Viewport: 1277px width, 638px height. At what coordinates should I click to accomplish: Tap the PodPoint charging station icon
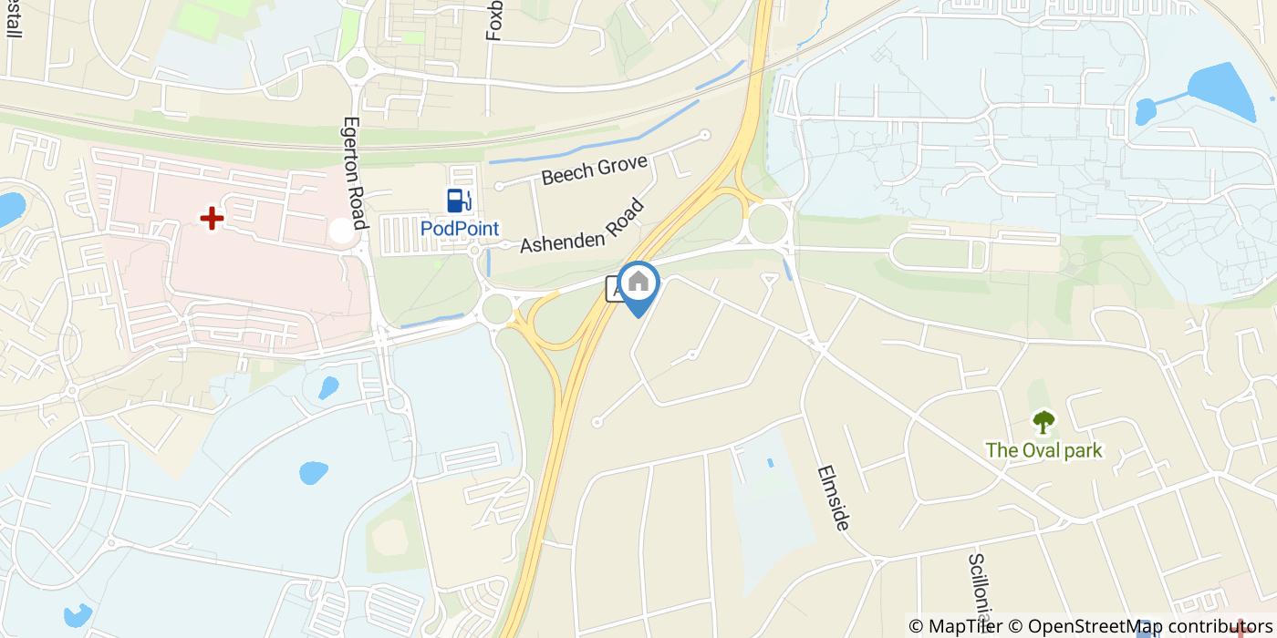coord(459,201)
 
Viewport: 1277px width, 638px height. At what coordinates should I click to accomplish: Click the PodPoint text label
coord(460,229)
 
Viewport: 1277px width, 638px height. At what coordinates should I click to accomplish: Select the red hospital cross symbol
coord(212,219)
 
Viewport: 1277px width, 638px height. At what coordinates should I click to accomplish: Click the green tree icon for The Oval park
coord(1043,422)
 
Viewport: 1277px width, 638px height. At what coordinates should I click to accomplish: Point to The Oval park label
coord(1043,450)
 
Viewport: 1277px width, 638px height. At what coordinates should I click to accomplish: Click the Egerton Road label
coord(354,173)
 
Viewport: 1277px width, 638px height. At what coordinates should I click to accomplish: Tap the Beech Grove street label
coord(594,170)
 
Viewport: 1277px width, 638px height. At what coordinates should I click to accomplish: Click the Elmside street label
coord(834,498)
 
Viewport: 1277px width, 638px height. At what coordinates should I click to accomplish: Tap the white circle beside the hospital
coord(341,232)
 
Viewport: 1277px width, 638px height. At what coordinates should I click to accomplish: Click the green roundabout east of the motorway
coord(768,224)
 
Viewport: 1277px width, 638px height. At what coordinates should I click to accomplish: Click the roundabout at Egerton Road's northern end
coord(356,67)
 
